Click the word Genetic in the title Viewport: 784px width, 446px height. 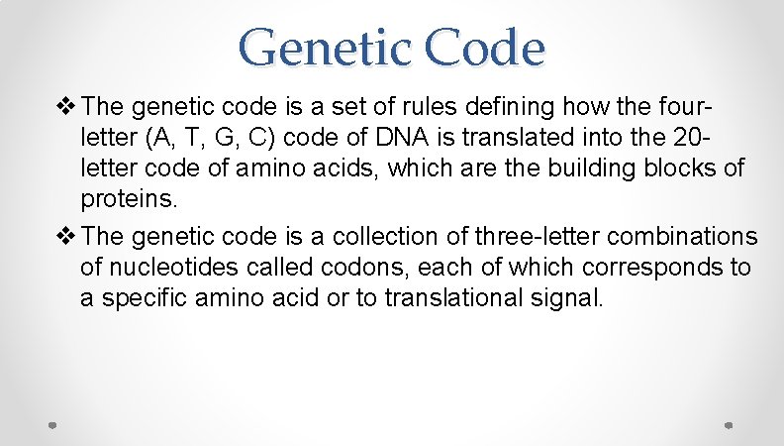(x=312, y=47)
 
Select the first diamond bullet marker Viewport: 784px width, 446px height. (x=68, y=106)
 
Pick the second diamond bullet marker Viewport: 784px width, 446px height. (x=68, y=236)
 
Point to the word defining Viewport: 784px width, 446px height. (x=516, y=106)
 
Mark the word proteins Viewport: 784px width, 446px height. (x=129, y=199)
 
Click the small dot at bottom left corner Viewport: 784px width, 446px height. (x=53, y=424)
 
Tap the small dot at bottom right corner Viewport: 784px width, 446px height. (x=729, y=424)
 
